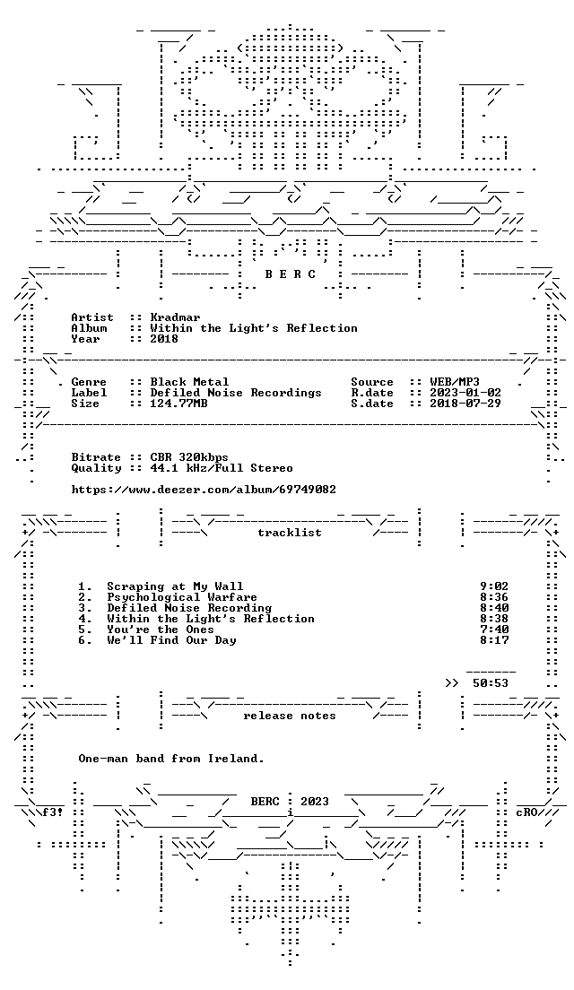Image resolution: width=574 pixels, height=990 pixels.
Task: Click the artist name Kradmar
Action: pyautogui.click(x=175, y=317)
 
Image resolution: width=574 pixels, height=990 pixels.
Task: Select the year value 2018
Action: pyautogui.click(x=164, y=338)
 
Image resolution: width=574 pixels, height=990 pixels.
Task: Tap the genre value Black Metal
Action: pyautogui.click(x=189, y=382)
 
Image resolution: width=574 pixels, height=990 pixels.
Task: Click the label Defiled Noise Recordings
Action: pyautogui.click(x=236, y=393)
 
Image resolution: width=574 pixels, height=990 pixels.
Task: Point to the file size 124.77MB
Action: pyautogui.click(x=178, y=404)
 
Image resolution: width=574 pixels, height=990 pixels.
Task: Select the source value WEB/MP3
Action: pyautogui.click(x=455, y=382)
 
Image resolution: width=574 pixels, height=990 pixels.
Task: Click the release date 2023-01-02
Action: pyautogui.click(x=465, y=393)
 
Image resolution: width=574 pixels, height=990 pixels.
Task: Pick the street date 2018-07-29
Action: pyautogui.click(x=465, y=404)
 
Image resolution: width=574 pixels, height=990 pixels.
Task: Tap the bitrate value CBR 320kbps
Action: pyautogui.click(x=189, y=457)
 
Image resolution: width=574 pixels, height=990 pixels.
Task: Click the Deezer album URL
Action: pyautogui.click(x=204, y=490)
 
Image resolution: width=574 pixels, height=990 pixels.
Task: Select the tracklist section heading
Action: pyautogui.click(x=289, y=533)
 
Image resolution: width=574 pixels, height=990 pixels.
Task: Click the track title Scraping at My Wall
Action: pyautogui.click(x=175, y=586)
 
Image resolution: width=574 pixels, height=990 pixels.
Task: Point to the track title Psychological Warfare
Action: pyautogui.click(x=182, y=597)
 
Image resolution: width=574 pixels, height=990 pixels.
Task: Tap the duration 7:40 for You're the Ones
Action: pyautogui.click(x=494, y=630)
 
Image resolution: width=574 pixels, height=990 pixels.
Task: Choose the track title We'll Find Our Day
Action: pyautogui.click(x=171, y=640)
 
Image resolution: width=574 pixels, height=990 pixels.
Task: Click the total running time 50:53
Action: pyautogui.click(x=490, y=683)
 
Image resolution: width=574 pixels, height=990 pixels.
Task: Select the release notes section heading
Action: pyautogui.click(x=289, y=716)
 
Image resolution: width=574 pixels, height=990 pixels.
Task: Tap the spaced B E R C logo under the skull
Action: pyautogui.click(x=289, y=274)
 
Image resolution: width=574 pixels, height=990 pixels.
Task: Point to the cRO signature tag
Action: pyautogui.click(x=526, y=812)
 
